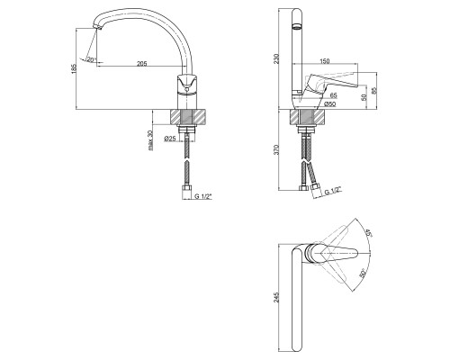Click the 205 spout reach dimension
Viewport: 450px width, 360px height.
click(142, 63)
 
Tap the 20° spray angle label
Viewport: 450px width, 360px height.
click(91, 59)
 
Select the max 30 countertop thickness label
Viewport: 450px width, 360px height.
click(150, 140)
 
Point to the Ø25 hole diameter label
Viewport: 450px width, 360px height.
click(169, 139)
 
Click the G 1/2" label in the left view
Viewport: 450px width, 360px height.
click(203, 196)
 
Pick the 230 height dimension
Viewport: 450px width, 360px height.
click(276, 58)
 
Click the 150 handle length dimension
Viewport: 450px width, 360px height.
click(325, 61)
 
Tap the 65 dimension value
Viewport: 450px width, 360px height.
click(333, 95)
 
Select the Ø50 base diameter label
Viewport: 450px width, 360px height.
click(330, 104)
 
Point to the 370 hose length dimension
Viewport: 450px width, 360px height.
click(276, 149)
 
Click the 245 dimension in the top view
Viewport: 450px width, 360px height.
click(276, 297)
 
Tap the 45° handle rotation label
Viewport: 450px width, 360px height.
click(368, 233)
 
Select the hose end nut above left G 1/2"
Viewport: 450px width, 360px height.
click(187, 189)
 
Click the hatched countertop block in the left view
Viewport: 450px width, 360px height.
click(188, 117)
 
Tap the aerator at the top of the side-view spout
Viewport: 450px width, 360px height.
click(297, 26)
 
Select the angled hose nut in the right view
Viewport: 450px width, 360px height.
click(316, 188)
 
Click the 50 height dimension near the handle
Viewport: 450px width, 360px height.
click(364, 97)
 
